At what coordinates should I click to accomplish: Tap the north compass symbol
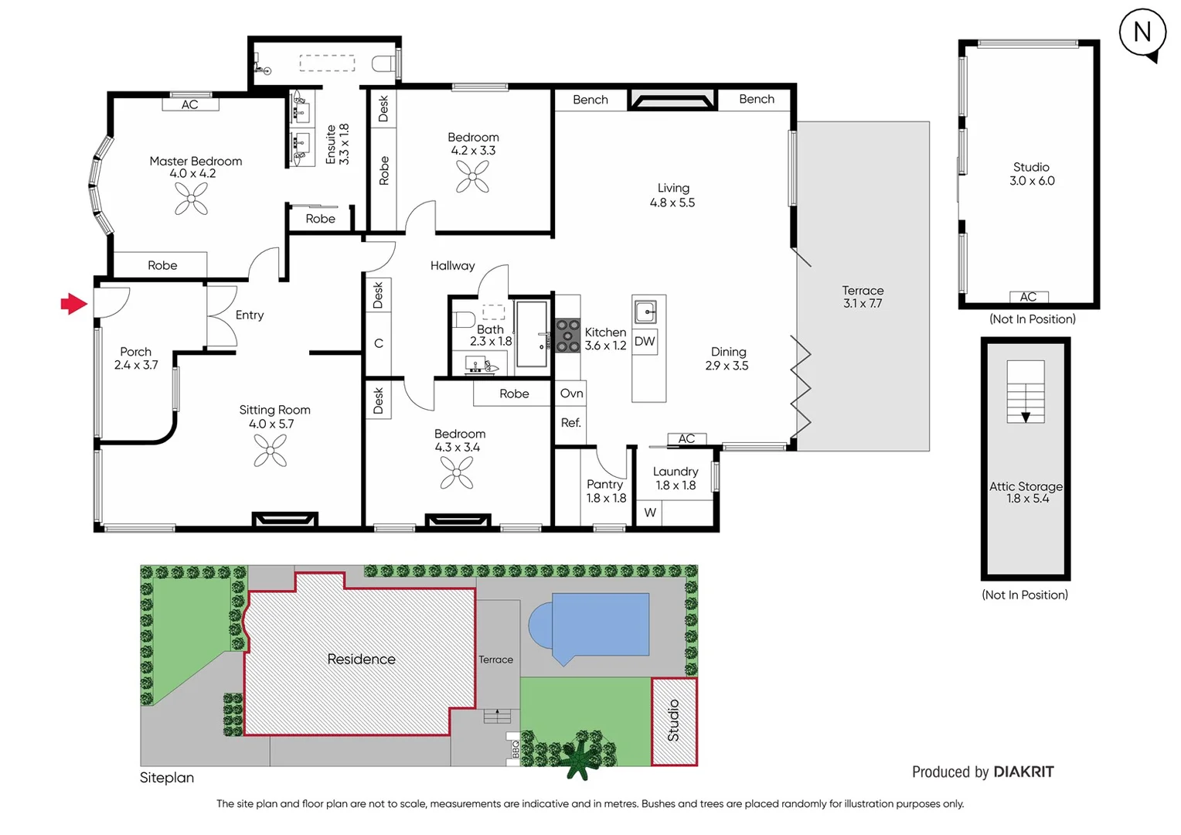point(1142,32)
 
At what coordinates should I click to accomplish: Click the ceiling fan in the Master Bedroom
point(191,199)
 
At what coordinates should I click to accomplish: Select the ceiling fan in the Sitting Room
point(271,450)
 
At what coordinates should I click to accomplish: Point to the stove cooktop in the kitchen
point(568,336)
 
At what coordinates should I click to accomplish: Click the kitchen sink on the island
point(645,312)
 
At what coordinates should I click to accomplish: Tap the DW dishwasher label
point(645,342)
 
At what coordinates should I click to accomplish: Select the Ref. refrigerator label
point(570,423)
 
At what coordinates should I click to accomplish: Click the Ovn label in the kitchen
point(571,394)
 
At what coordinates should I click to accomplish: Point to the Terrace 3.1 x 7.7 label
point(863,297)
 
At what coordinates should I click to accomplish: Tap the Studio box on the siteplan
point(674,721)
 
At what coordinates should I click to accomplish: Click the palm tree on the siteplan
point(577,758)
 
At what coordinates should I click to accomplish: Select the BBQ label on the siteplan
point(514,748)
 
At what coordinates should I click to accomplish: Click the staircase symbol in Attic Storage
point(1026,392)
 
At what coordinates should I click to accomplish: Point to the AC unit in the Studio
point(1028,297)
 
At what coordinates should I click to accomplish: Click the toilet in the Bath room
point(465,319)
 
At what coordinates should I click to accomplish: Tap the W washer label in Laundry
point(650,513)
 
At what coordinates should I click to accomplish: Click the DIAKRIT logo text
point(1023,772)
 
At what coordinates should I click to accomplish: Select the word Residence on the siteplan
point(361,659)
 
